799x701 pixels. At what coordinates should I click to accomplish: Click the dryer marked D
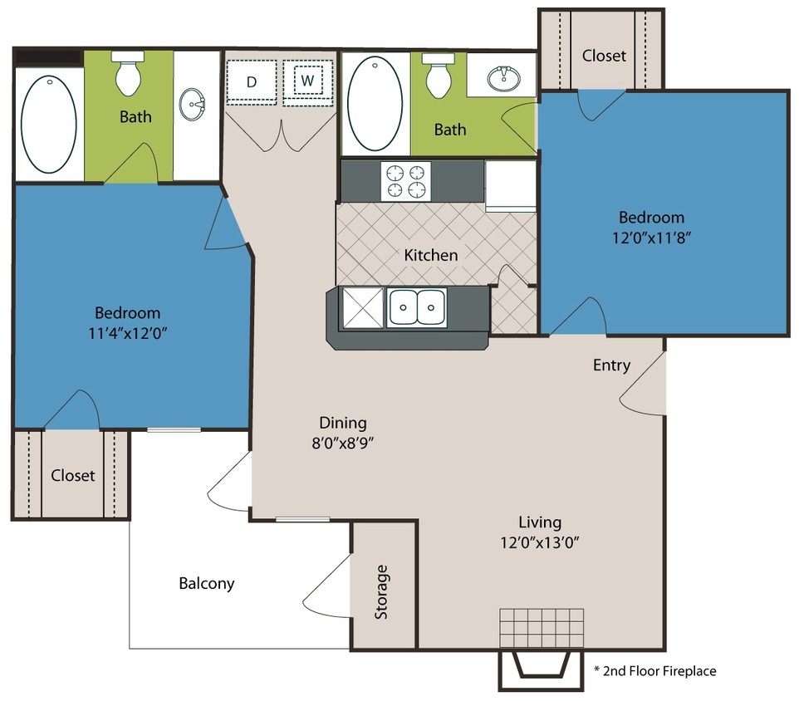tap(252, 81)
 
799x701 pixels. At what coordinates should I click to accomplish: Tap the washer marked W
tap(307, 81)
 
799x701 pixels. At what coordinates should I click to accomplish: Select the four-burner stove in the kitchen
tap(406, 181)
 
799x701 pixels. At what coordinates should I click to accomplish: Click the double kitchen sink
tap(416, 308)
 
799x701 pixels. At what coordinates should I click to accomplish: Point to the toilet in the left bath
tap(128, 74)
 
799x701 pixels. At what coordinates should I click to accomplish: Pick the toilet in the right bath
tap(437, 76)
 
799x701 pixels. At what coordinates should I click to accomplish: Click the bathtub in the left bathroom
tap(48, 123)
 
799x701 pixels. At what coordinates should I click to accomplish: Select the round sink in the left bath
tap(194, 105)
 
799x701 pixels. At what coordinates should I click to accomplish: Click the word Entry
tap(611, 365)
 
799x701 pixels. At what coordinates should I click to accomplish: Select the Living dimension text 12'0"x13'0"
tap(540, 543)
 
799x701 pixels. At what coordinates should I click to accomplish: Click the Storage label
tap(381, 591)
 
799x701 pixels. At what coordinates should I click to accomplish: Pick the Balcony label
tap(207, 583)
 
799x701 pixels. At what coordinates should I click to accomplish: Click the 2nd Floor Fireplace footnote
tap(654, 670)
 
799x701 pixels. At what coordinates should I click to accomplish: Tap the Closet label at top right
tap(604, 56)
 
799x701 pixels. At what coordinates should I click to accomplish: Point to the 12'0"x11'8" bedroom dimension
tap(651, 236)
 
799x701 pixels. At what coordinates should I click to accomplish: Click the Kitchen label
tap(430, 255)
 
